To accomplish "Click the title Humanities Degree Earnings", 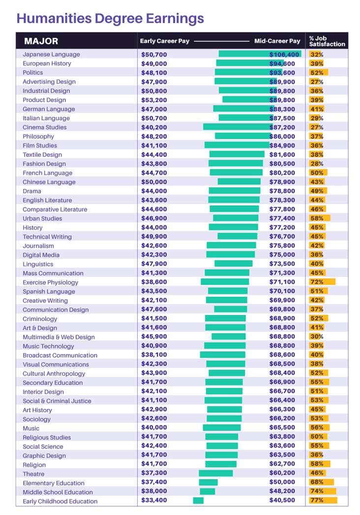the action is coord(110,19).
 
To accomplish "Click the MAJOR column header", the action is coord(41,41).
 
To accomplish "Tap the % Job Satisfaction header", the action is coord(327,41).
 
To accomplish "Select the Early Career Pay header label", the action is coord(165,41).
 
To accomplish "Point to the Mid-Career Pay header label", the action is coord(277,41).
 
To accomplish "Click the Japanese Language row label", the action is coord(51,55).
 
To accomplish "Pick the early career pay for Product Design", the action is coord(154,100).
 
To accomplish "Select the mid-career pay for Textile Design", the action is coord(282,155).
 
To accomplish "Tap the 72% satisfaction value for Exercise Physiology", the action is coord(317,282).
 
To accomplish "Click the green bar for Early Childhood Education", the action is coord(198,501).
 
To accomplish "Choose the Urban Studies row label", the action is coord(42,218).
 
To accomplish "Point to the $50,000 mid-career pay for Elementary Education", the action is coord(282,482).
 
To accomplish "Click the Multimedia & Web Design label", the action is coord(59,337).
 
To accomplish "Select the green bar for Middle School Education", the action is coord(208,491).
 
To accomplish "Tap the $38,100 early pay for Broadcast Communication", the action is coord(154,355).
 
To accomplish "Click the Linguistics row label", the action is coord(38,264).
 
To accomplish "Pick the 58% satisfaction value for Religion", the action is coord(317,464).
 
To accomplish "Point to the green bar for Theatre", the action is coord(216,473).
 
